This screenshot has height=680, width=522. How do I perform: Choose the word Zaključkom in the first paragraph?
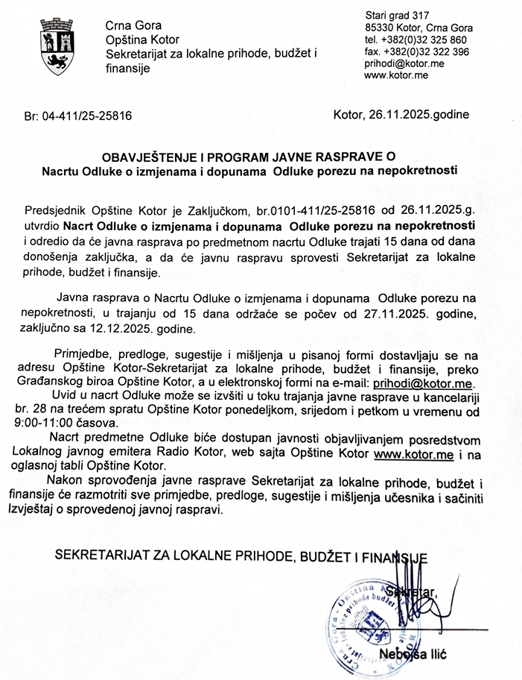pos(214,210)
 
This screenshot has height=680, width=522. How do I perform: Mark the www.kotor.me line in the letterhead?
pos(395,75)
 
